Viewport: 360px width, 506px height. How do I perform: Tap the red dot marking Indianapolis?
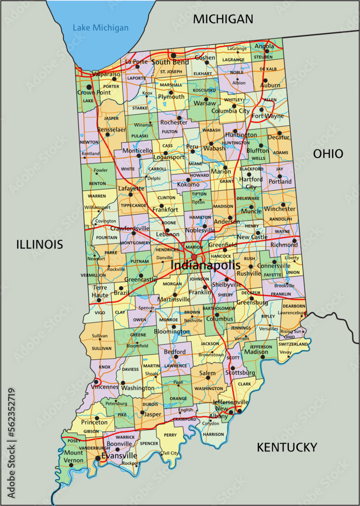coord(194,257)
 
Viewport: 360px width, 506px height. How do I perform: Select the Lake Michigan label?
coord(100,28)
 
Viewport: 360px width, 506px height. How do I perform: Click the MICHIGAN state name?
coord(223,19)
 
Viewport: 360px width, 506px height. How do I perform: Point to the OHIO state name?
coord(328,154)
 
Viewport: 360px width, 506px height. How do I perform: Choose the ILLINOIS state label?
coord(39,245)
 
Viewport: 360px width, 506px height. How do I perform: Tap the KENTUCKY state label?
coord(287,447)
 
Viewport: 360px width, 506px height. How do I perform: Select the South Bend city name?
coord(170,62)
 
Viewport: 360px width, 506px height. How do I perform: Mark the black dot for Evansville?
coord(97,458)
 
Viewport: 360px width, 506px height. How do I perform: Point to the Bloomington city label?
coord(171,332)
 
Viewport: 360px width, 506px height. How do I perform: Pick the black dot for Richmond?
coord(294,240)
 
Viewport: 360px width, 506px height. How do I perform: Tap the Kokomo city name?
coord(188,185)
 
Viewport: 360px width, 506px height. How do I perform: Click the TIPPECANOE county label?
coord(133,205)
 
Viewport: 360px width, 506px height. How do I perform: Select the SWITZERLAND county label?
coord(293,344)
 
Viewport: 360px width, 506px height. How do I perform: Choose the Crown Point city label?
coord(94,93)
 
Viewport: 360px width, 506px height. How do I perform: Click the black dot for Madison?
coord(263,357)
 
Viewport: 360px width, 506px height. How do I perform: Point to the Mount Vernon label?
coord(73,456)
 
